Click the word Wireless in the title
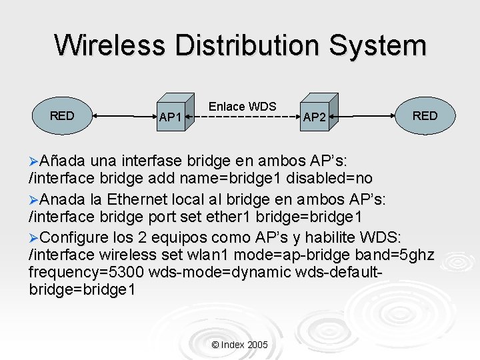tap(110, 45)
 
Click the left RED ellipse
tap(62, 116)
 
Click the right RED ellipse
tap(425, 116)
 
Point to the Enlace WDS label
tap(242, 106)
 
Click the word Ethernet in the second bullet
tap(139, 200)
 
